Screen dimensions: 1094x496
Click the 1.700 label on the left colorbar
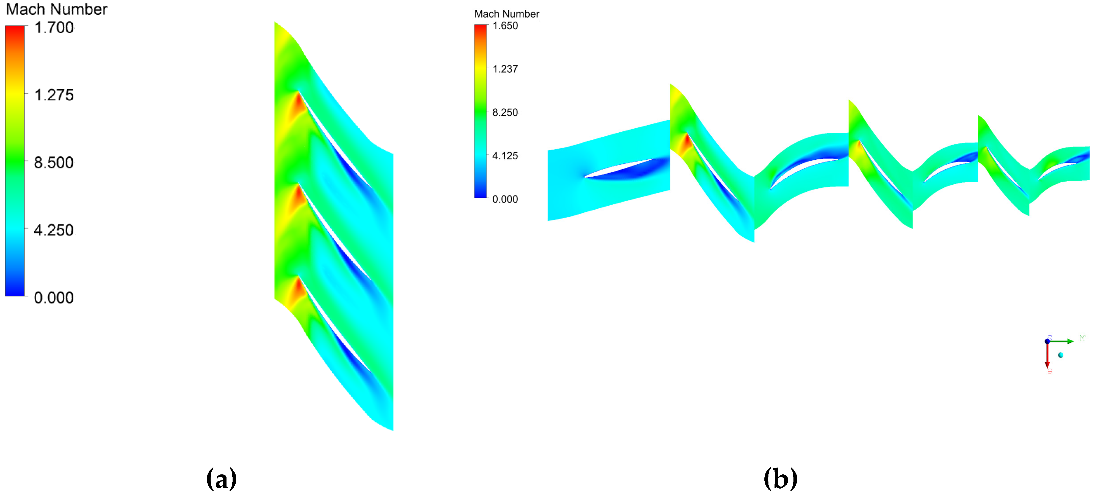pos(54,28)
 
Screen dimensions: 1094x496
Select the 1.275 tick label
pos(54,95)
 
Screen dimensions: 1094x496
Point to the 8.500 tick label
pos(54,162)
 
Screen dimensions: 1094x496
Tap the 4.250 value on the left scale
pos(54,230)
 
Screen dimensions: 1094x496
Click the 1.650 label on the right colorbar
pos(505,26)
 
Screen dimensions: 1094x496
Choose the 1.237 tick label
pos(505,69)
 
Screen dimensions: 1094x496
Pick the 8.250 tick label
pos(505,112)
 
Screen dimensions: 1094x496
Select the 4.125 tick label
pos(505,156)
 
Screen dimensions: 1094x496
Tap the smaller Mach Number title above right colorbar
pos(507,14)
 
